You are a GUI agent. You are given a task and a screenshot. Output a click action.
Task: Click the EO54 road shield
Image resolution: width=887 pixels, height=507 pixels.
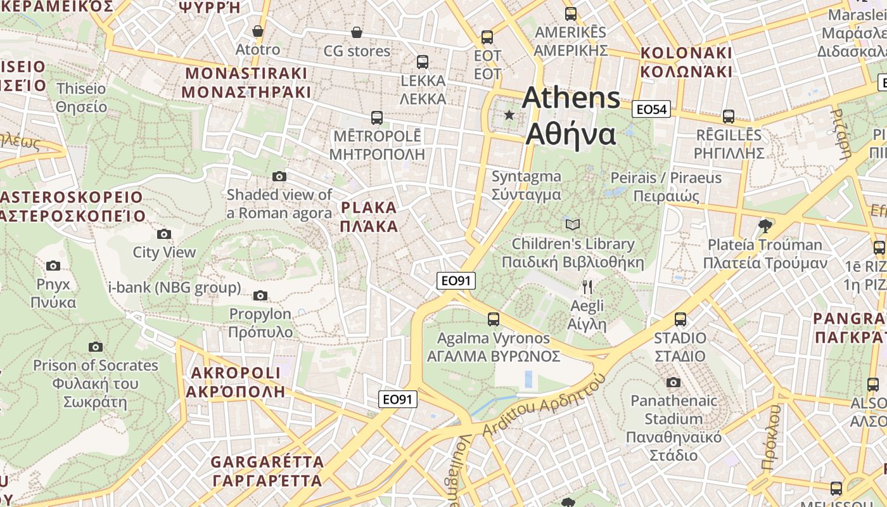tap(651, 110)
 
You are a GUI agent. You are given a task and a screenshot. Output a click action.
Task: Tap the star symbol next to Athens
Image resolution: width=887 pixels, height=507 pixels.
tap(509, 115)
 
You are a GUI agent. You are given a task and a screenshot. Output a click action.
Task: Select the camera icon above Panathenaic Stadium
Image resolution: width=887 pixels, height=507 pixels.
tap(673, 382)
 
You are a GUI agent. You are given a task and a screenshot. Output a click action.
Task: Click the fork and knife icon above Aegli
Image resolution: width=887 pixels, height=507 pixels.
tap(587, 287)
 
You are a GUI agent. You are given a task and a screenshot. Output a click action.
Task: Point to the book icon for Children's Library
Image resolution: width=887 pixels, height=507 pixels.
tap(572, 224)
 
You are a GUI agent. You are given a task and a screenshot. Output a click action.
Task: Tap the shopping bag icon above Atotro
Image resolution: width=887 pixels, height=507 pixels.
tap(258, 31)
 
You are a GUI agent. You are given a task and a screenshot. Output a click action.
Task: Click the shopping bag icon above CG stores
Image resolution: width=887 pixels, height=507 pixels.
tap(357, 32)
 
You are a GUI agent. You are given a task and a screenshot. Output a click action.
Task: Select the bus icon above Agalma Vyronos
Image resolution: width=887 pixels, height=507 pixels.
tap(494, 319)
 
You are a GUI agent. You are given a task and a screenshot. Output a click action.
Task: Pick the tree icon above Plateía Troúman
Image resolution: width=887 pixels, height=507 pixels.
tap(765, 226)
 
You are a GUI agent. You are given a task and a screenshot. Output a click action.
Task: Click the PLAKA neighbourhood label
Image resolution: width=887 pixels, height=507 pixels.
tap(369, 217)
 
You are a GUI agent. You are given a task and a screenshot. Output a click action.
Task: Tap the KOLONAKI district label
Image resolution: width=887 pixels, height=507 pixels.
tap(686, 62)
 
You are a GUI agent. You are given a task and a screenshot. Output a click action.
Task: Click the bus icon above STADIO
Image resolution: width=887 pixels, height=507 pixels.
tap(680, 319)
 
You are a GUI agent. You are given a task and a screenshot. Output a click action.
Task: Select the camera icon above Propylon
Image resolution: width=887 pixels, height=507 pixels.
tap(260, 295)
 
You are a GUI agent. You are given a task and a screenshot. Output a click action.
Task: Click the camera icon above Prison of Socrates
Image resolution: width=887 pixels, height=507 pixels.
tap(96, 347)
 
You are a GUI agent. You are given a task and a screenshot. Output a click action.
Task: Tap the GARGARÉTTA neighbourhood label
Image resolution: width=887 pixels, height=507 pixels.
tap(267, 471)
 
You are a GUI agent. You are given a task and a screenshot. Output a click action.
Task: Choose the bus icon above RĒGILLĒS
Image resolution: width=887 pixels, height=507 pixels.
tap(729, 117)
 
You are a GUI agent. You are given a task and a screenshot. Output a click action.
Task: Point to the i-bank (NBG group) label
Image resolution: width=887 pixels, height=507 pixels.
tap(174, 288)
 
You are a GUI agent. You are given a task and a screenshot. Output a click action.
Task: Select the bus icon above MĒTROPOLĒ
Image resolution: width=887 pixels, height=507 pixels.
tap(376, 118)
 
